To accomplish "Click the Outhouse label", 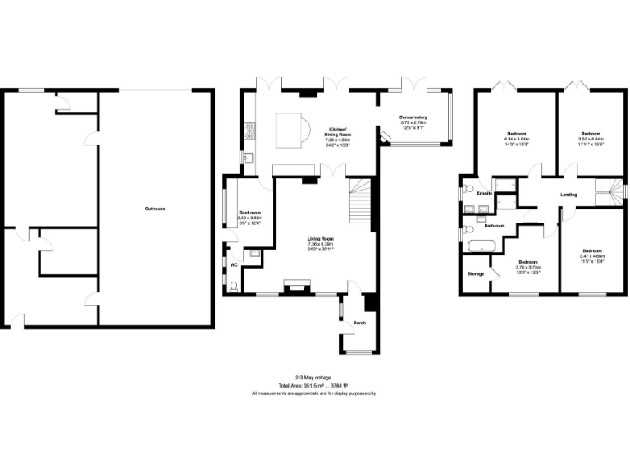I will [155, 209].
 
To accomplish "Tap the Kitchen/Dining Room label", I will [338, 131].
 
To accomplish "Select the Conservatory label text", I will [413, 117].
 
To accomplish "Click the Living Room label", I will [321, 238].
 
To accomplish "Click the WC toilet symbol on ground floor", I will [235, 287].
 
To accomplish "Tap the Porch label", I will [359, 323].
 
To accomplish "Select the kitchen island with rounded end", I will [293, 129].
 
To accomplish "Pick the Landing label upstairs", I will [568, 195].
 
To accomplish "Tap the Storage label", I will [476, 273].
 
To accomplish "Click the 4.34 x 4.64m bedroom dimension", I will [517, 139].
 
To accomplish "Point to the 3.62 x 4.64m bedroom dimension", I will [591, 139].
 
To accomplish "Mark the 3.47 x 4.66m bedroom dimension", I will [591, 255].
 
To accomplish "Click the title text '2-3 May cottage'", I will [314, 378].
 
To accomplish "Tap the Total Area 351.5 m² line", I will [314, 385].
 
